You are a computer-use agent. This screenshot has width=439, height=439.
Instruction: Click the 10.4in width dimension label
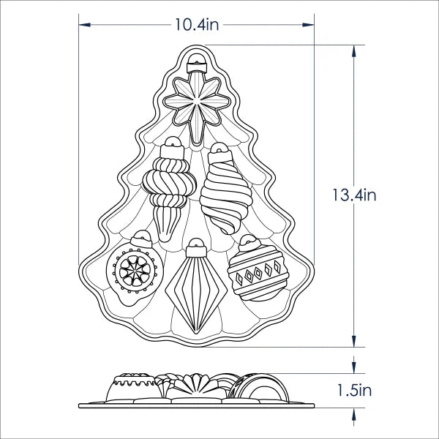point(197,25)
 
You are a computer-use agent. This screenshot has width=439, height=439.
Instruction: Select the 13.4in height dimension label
point(354,195)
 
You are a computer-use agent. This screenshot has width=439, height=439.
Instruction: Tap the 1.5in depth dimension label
point(354,390)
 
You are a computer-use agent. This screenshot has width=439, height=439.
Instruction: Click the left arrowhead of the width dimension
point(85,25)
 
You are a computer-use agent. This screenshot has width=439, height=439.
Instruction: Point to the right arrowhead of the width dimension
point(308,25)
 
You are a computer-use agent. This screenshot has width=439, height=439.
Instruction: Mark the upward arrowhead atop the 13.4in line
point(354,51)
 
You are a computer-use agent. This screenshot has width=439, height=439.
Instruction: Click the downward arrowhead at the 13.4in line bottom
point(354,341)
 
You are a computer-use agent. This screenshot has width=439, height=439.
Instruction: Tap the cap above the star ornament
point(197,64)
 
